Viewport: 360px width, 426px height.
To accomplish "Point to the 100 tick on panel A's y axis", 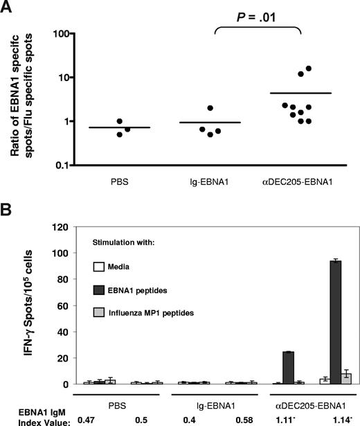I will (69, 34).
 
